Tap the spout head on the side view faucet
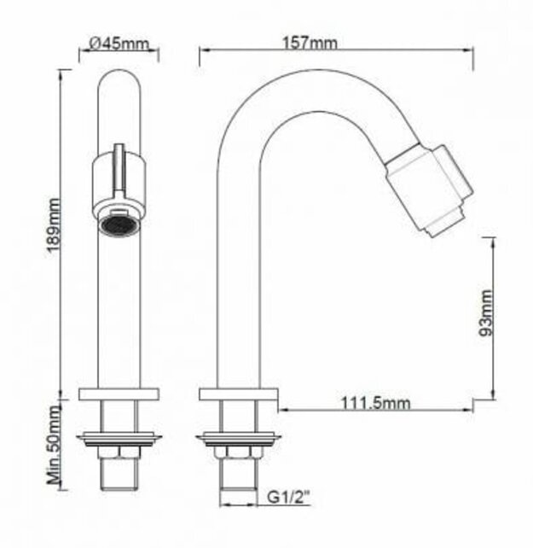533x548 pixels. click(426, 188)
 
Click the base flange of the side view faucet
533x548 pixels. click(238, 394)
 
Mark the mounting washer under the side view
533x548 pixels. click(238, 440)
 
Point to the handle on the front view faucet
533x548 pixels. click(119, 175)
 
